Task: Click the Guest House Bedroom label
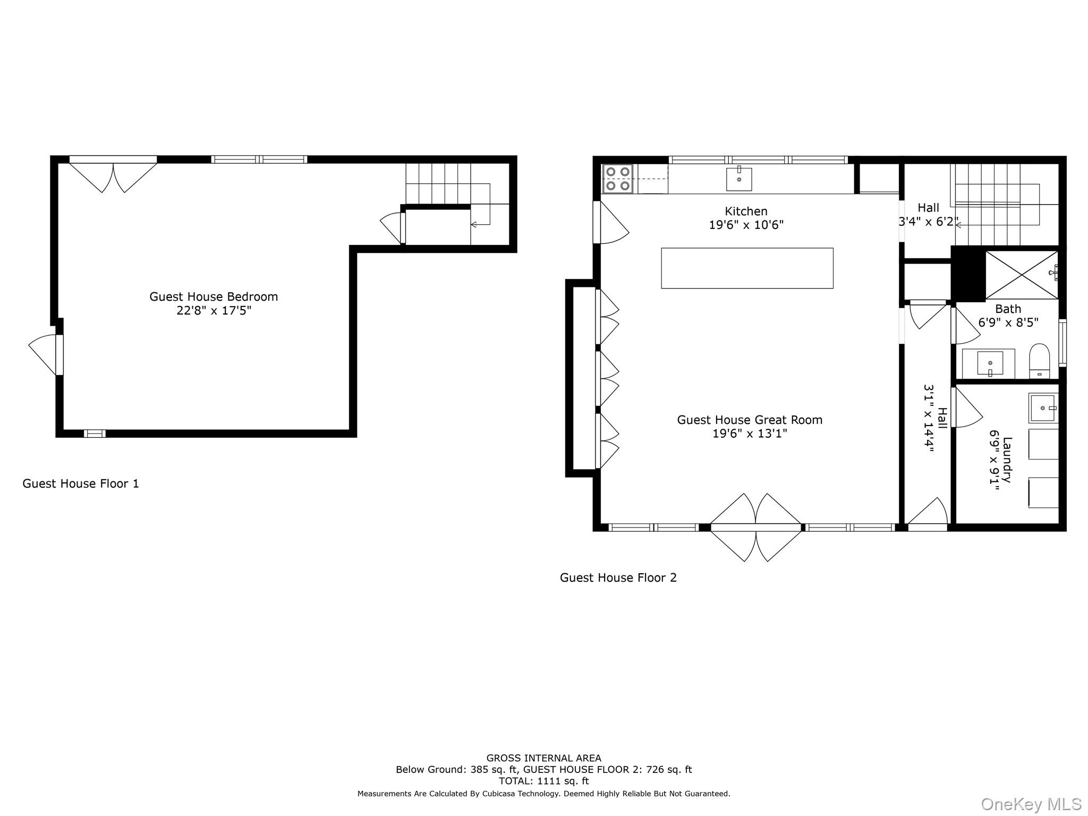(x=214, y=297)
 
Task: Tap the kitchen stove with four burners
(x=618, y=178)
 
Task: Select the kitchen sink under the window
(x=739, y=179)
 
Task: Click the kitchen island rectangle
(x=747, y=268)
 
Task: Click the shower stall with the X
(x=1021, y=275)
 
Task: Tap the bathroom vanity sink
(x=990, y=363)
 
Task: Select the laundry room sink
(x=1042, y=408)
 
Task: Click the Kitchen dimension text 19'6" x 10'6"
(x=746, y=225)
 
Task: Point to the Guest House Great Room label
(x=749, y=420)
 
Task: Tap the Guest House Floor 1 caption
(x=81, y=483)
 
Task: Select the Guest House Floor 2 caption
(x=618, y=577)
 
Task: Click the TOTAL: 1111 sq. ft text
(x=543, y=781)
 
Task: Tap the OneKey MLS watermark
(x=1031, y=804)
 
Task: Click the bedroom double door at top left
(x=113, y=175)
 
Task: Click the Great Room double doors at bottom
(x=755, y=527)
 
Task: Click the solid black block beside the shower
(x=968, y=274)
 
